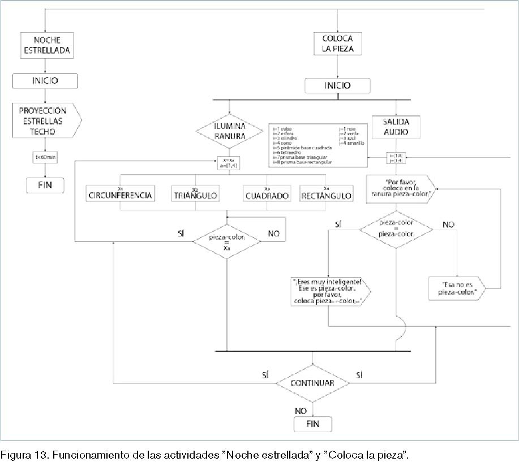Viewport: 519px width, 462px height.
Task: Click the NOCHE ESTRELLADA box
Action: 47,44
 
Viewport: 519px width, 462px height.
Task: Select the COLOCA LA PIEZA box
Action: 338,44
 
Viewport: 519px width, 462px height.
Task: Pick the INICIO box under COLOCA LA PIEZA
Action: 338,86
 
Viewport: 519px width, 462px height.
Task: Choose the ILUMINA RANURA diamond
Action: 230,131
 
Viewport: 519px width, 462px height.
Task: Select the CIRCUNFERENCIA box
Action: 120,195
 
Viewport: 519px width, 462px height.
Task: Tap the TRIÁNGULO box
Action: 195,195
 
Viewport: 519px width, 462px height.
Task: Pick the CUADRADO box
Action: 267,195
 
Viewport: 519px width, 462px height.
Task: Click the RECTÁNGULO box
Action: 327,195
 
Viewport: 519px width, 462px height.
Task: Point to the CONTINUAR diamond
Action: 312,383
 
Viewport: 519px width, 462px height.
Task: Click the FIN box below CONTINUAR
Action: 312,424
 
